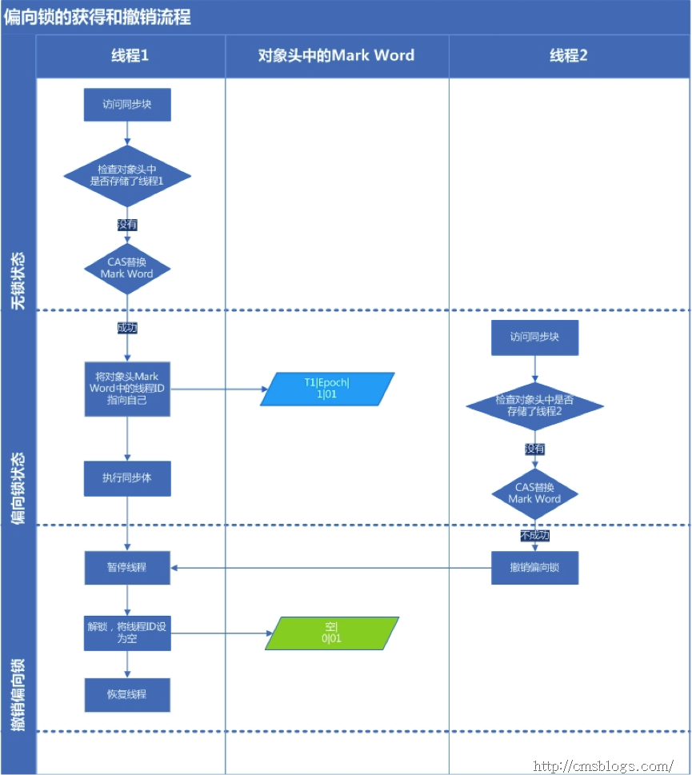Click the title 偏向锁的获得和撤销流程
pyautogui.click(x=98, y=17)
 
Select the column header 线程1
pyautogui.click(x=130, y=55)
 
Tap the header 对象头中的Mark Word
pyautogui.click(x=336, y=55)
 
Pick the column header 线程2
pyautogui.click(x=569, y=55)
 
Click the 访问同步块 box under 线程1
pyautogui.click(x=127, y=105)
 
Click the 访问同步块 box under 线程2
pyautogui.click(x=534, y=337)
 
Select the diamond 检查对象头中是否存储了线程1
pyautogui.click(x=127, y=175)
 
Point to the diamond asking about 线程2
pyautogui.click(x=534, y=405)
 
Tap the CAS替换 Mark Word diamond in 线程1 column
pyautogui.click(x=127, y=267)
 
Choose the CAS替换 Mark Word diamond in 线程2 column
pyautogui.click(x=534, y=493)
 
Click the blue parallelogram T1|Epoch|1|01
pyautogui.click(x=327, y=389)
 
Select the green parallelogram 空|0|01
pyautogui.click(x=331, y=632)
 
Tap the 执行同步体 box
pyautogui.click(x=127, y=478)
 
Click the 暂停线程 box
pyautogui.click(x=127, y=568)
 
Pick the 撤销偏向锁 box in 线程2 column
pyautogui.click(x=534, y=568)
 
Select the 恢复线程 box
pyautogui.click(x=127, y=694)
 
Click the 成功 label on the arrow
pyautogui.click(x=127, y=328)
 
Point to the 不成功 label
pyautogui.click(x=534, y=535)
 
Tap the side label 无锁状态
pyautogui.click(x=18, y=281)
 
